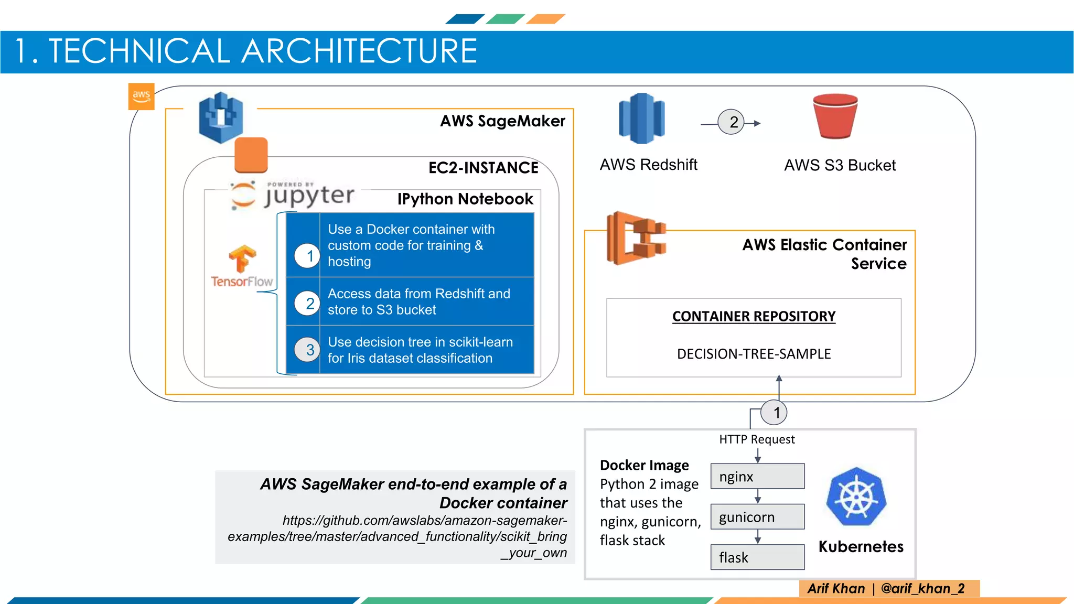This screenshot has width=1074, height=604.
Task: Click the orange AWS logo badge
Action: [x=141, y=96]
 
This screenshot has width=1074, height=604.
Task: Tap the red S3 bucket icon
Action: [x=835, y=116]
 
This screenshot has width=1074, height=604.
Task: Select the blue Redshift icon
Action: [x=642, y=118]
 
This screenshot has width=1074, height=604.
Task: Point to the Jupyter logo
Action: [x=293, y=195]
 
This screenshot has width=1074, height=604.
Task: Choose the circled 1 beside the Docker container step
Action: [x=307, y=256]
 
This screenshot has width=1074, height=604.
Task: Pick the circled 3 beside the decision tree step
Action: [x=307, y=350]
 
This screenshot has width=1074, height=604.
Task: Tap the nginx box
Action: [x=758, y=476]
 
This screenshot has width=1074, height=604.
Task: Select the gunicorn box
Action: [x=758, y=517]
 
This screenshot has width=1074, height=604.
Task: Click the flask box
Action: [x=758, y=557]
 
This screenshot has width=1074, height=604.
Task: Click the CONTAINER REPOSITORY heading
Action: [x=754, y=317]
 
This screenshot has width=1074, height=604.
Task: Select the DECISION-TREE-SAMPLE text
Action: [x=754, y=354]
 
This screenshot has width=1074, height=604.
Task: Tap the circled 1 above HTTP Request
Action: [x=774, y=413]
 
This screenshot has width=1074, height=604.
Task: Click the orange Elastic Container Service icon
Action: [x=636, y=238]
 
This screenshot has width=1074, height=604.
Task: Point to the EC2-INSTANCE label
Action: [x=484, y=168]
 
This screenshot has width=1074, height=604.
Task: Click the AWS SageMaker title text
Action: [x=503, y=121]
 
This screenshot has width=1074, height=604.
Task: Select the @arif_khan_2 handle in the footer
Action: [x=923, y=588]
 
